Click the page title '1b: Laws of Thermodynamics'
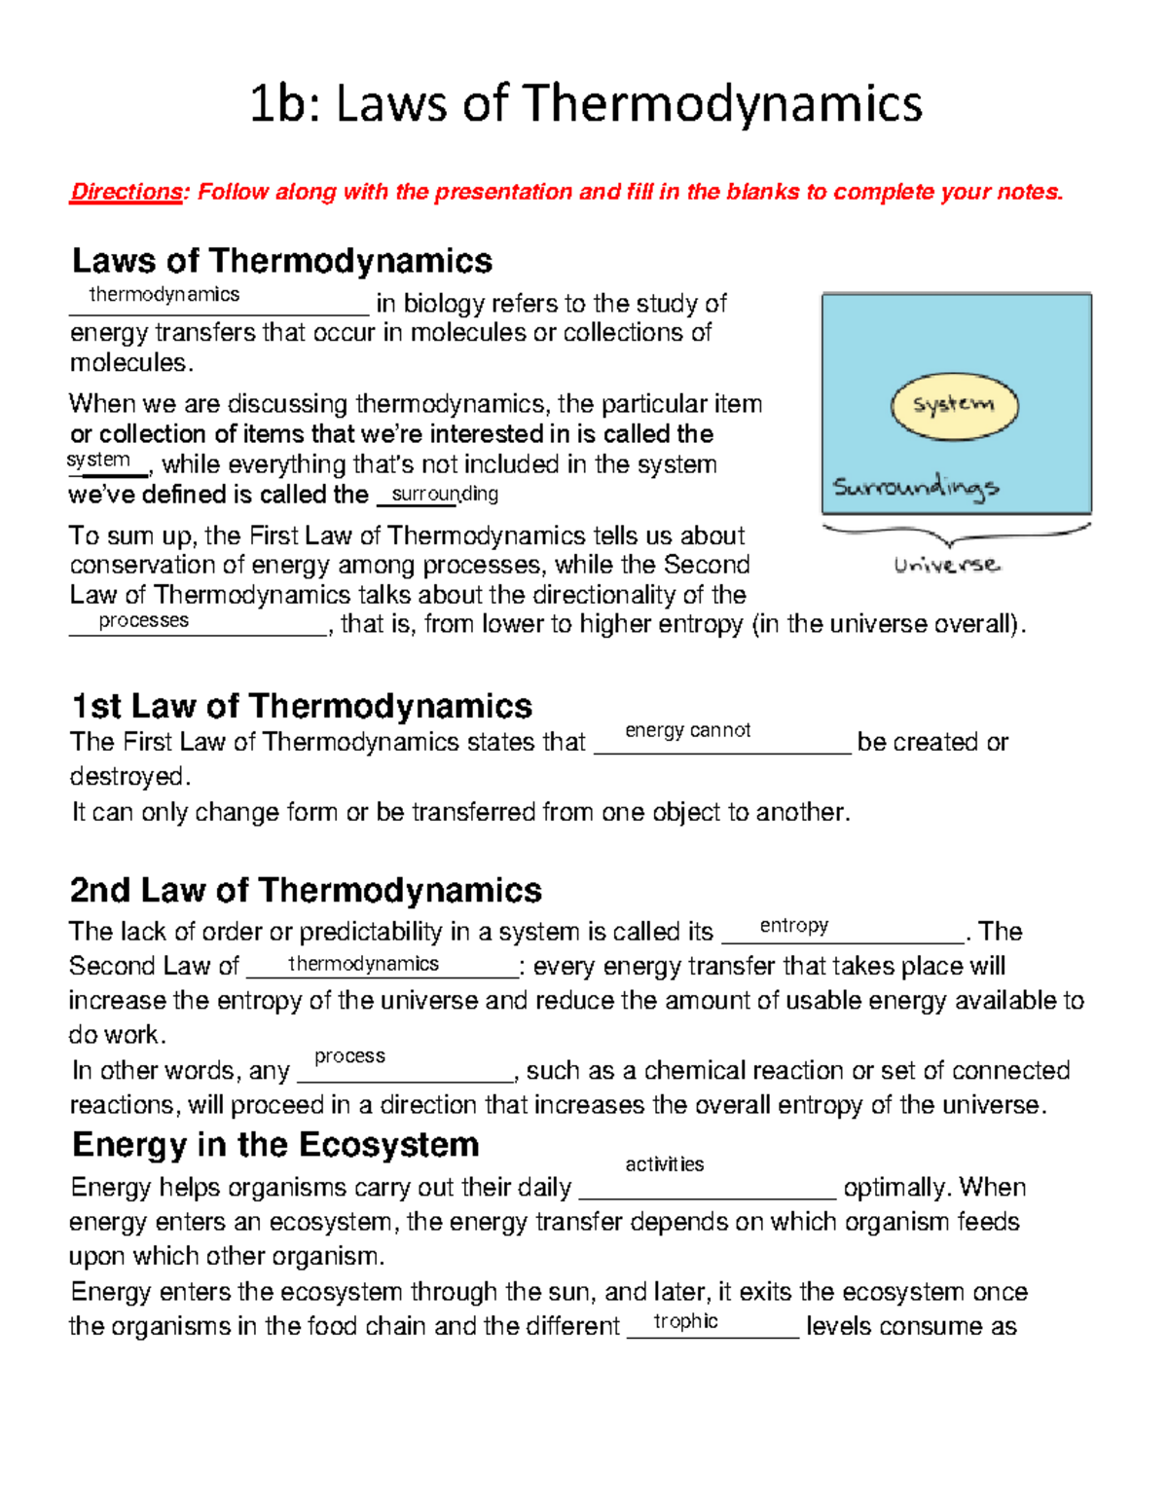(x=585, y=104)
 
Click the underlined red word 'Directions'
(x=126, y=192)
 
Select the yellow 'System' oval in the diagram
(x=954, y=405)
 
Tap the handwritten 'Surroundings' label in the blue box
(x=915, y=486)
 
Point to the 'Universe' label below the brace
(x=946, y=565)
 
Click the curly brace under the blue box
(x=955, y=534)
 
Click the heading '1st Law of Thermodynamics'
(x=302, y=706)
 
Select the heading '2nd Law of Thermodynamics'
(x=306, y=890)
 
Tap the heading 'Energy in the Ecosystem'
(x=275, y=1144)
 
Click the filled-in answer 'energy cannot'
(x=687, y=730)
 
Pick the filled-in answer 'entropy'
(x=793, y=925)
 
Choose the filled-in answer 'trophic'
(x=685, y=1321)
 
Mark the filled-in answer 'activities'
(x=664, y=1164)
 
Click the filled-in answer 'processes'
(x=143, y=620)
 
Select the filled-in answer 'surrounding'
(x=444, y=494)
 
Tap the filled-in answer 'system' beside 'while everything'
(x=98, y=460)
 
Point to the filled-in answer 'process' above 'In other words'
(x=349, y=1056)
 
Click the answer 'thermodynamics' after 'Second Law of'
(x=363, y=964)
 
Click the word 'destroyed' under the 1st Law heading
(x=127, y=777)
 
